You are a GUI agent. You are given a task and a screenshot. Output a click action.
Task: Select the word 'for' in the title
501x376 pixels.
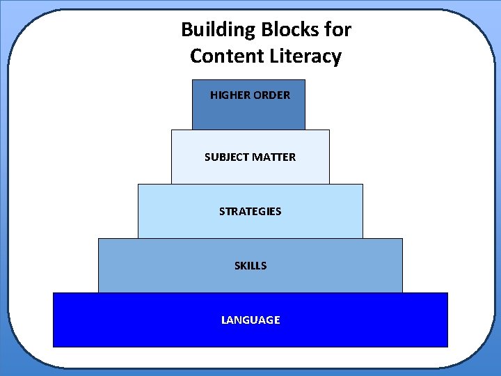click(x=337, y=30)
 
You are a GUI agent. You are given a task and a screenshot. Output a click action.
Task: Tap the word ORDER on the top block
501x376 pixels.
click(x=273, y=95)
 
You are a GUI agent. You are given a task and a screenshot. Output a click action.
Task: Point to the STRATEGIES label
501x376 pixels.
click(x=250, y=211)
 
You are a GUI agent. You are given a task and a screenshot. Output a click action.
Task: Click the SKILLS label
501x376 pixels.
click(x=250, y=265)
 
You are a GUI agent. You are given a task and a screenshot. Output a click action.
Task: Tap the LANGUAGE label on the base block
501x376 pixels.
click(x=250, y=320)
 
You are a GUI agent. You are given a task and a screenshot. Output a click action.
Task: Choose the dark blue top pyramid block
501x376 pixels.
click(x=248, y=115)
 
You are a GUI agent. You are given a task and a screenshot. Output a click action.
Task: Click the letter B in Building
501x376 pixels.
click(x=186, y=30)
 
